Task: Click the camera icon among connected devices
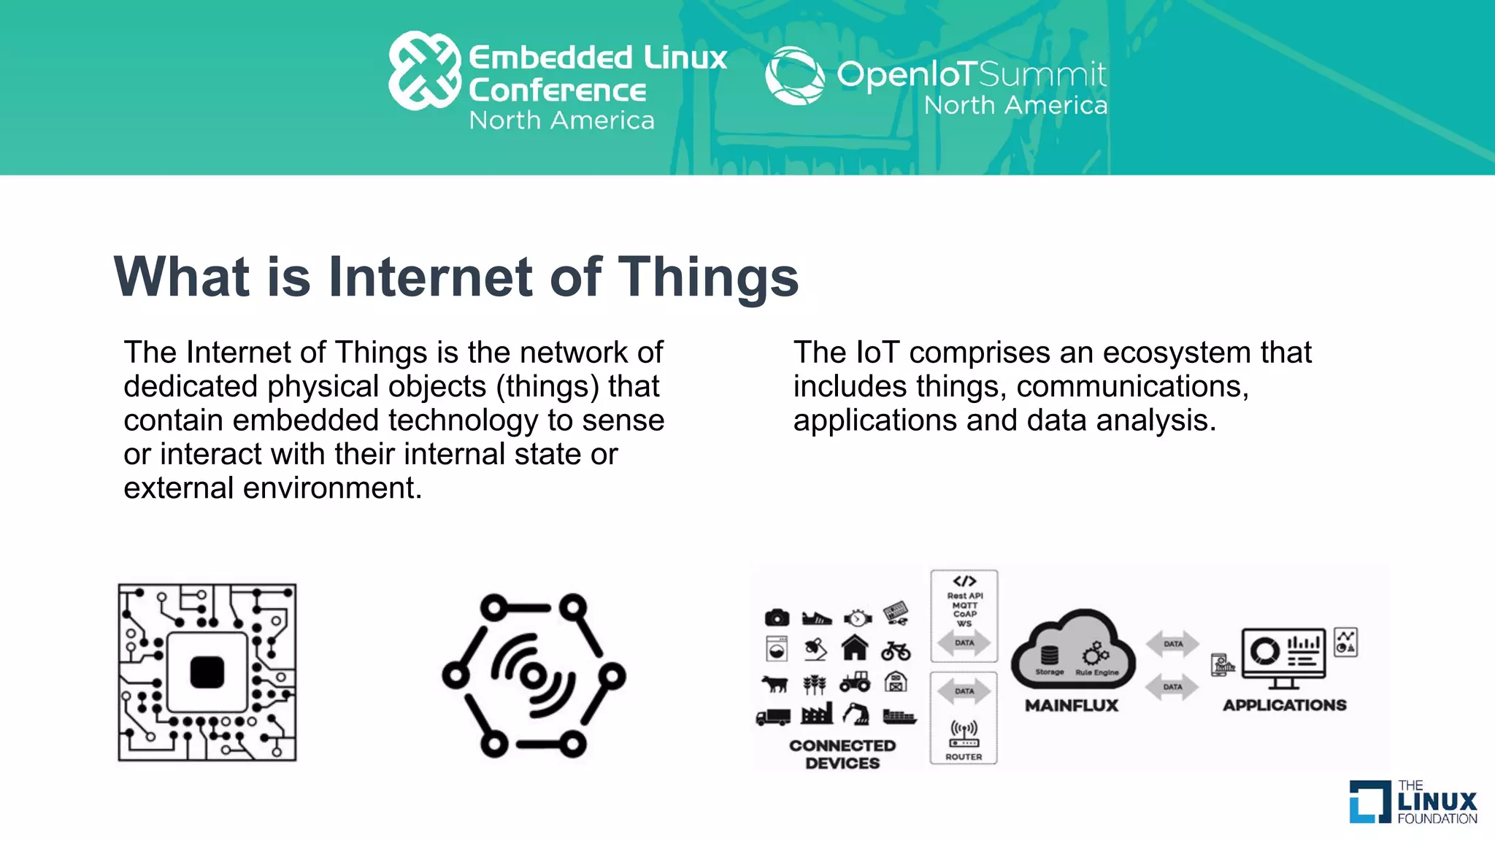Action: point(777,618)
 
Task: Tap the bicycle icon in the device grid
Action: point(896,650)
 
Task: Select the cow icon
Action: point(775,684)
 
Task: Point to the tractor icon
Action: point(855,682)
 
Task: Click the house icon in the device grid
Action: point(855,648)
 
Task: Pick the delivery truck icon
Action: point(773,717)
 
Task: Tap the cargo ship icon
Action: point(899,716)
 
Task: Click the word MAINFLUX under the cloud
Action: point(1072,705)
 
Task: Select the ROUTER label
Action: point(964,757)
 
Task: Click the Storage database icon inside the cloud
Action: point(1049,655)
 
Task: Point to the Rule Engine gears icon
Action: point(1095,653)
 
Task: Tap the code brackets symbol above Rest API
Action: point(964,581)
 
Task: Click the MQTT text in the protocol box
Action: point(964,605)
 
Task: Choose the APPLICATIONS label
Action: point(1285,705)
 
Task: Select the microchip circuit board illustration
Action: point(207,672)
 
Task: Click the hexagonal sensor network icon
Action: point(534,675)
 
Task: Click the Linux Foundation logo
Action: point(1413,802)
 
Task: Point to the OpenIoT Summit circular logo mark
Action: point(794,75)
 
